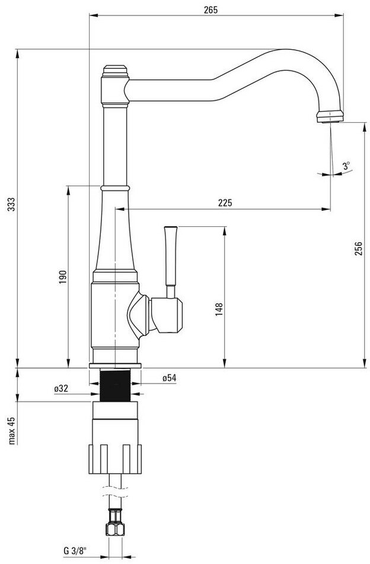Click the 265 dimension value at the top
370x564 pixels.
pos(210,9)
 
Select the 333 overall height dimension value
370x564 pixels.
pos(11,204)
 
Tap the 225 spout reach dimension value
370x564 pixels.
pos(225,203)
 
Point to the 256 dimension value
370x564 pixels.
pos(358,249)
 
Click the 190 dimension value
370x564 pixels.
pos(63,277)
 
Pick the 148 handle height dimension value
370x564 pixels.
pos(219,309)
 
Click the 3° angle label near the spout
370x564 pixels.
pos(346,166)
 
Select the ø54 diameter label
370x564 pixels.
pos(169,378)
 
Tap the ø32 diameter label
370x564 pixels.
pos(61,388)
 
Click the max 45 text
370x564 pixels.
pos(12,430)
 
